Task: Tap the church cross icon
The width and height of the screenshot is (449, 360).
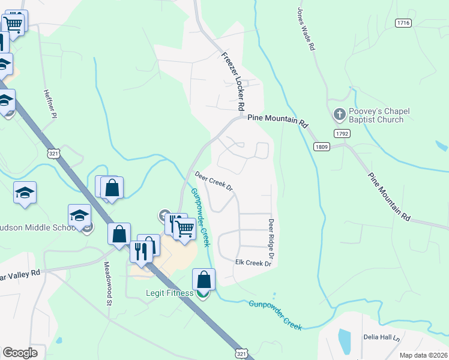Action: coord(339,113)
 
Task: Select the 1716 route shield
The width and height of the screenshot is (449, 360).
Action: coord(403,23)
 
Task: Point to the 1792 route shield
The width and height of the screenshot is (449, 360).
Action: coord(343,133)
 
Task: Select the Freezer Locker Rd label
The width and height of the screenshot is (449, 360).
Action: coord(233,81)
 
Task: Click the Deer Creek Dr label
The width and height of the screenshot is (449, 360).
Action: coord(214,181)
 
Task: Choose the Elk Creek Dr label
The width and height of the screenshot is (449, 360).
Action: coord(250,263)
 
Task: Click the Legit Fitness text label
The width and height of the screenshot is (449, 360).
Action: coord(169,293)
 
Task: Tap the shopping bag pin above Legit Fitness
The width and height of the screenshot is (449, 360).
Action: coord(203,279)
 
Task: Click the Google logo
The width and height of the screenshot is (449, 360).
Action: coord(20,353)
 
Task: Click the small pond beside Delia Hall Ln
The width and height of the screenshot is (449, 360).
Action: coord(344,340)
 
